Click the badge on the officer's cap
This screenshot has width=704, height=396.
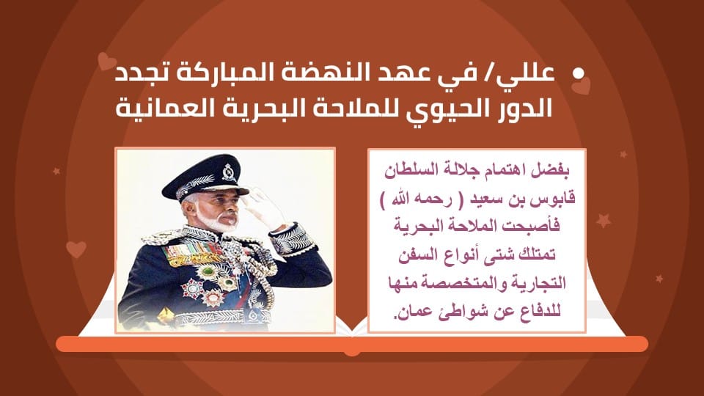point(229,172)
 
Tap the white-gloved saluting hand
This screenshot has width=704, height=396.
point(265,206)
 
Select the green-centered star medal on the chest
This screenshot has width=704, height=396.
point(208,271)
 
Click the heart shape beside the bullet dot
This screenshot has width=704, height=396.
point(581,85)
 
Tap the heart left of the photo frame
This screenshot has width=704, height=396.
point(76,249)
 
